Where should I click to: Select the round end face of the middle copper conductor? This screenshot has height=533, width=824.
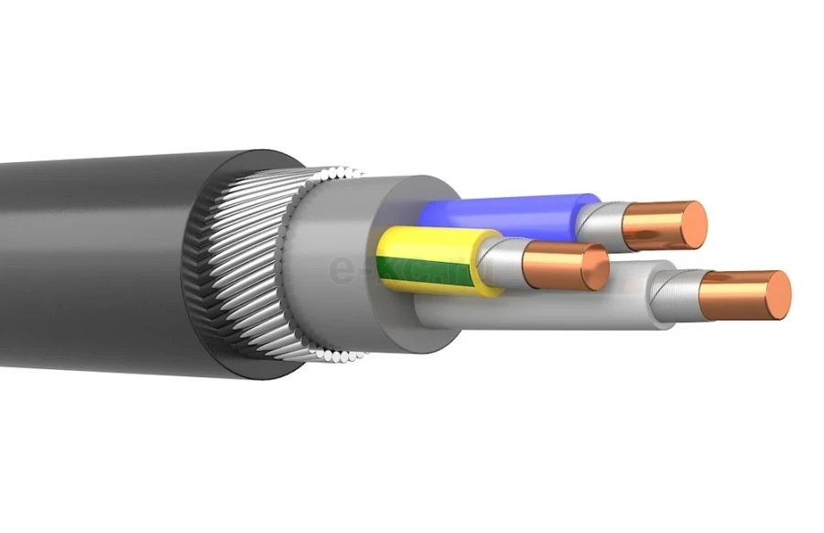[595, 266]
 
